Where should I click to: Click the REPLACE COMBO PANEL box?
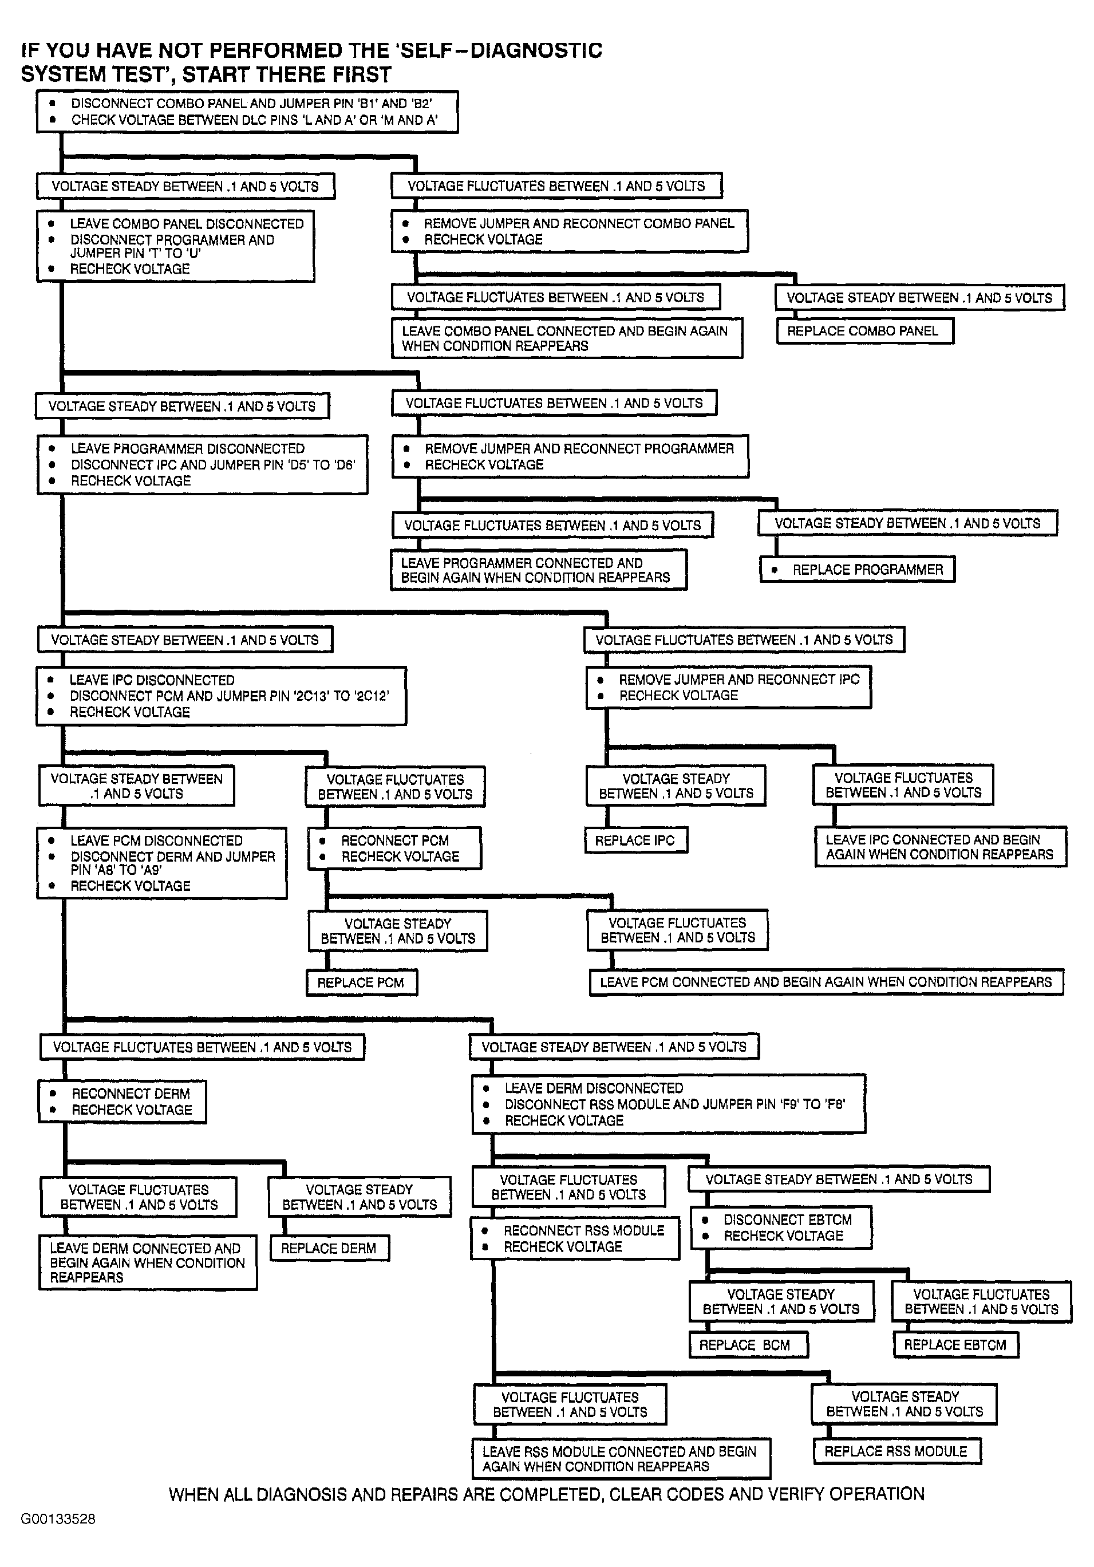[864, 331]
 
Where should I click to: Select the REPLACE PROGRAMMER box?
[856, 569]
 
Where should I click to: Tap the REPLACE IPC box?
[635, 840]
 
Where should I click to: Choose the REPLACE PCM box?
[361, 982]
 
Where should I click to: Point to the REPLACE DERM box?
[329, 1248]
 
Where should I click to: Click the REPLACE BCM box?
[748, 1344]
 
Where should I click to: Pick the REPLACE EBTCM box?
[955, 1344]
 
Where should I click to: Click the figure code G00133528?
[58, 1518]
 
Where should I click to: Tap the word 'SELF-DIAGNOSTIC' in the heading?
[488, 50]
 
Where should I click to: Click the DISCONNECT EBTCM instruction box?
[781, 1228]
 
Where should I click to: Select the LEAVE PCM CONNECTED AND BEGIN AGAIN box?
[826, 982]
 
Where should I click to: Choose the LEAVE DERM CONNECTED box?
[148, 1262]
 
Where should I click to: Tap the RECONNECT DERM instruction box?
[122, 1102]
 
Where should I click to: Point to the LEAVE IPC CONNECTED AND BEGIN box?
[940, 847]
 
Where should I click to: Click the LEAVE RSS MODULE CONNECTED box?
[621, 1458]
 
